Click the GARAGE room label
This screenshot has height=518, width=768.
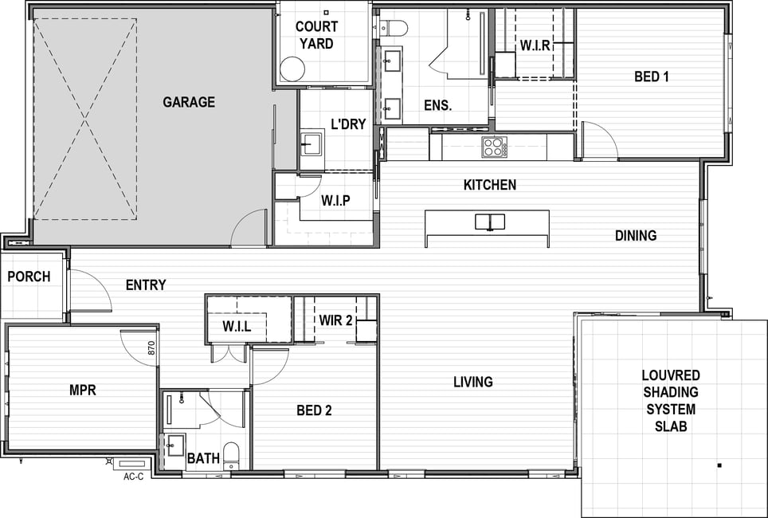pyautogui.click(x=189, y=102)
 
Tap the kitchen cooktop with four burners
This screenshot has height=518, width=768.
pyautogui.click(x=494, y=146)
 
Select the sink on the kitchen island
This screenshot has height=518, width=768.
pyautogui.click(x=489, y=222)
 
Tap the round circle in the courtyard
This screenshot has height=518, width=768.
pyautogui.click(x=292, y=69)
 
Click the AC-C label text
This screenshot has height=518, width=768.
pyautogui.click(x=133, y=477)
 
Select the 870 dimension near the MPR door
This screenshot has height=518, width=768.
pyautogui.click(x=151, y=347)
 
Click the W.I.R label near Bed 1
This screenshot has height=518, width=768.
pyautogui.click(x=535, y=45)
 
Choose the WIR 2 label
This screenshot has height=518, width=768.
pyautogui.click(x=335, y=320)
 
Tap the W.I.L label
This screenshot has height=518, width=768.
pyautogui.click(x=237, y=326)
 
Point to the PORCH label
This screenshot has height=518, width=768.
pyautogui.click(x=29, y=277)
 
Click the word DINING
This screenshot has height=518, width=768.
pyautogui.click(x=636, y=236)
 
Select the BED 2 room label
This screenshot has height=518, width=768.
pyautogui.click(x=314, y=410)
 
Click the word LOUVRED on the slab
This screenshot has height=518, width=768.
pyautogui.click(x=671, y=375)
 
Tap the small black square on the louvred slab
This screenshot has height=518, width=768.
pyautogui.click(x=719, y=465)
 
